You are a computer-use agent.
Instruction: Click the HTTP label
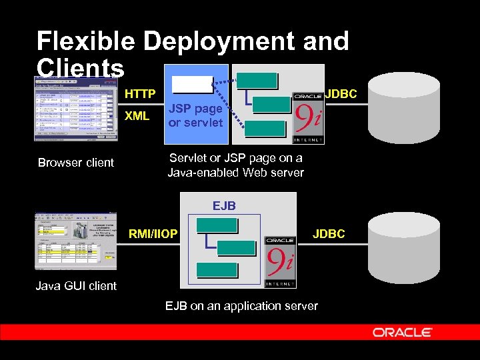tap(140, 94)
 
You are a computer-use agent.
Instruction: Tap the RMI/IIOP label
tap(153, 233)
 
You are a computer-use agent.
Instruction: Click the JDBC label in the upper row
tap(341, 94)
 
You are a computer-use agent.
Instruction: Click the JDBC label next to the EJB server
tap(329, 233)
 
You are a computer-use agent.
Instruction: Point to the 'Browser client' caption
tap(75, 162)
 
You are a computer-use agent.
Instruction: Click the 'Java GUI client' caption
tap(75, 286)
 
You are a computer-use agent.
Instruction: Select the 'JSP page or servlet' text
tap(195, 115)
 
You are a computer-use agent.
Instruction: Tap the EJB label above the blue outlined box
tap(224, 206)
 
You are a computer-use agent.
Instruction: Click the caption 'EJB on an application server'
tap(241, 306)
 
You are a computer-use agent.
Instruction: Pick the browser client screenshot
tap(75, 108)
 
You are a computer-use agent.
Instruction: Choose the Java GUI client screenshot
tap(75, 241)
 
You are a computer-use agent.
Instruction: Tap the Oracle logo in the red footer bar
tap(402, 332)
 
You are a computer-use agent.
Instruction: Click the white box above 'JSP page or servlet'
tap(192, 85)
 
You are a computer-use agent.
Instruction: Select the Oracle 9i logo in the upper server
tap(308, 117)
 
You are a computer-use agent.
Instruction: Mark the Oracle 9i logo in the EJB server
tap(280, 261)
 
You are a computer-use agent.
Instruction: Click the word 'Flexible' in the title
tap(87, 41)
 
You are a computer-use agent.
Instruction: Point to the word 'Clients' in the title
tap(80, 67)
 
